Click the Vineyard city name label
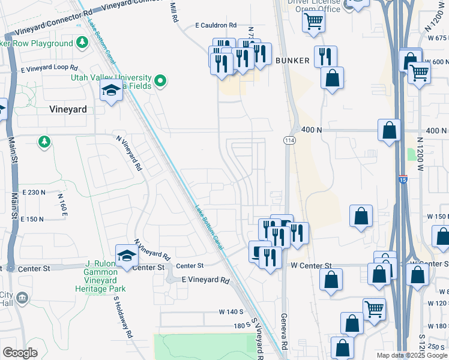coord(68,110)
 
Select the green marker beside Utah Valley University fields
coord(160,80)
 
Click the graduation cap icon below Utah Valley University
coord(111,92)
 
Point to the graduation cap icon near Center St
coord(127,256)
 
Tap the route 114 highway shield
coord(289,140)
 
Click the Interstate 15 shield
coord(403,179)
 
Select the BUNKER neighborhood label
coord(292,61)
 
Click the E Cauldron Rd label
coord(216,26)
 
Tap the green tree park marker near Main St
coord(44,142)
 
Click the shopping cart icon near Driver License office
coord(314,22)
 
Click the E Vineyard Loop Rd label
coord(49,69)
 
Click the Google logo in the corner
coord(20,353)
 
